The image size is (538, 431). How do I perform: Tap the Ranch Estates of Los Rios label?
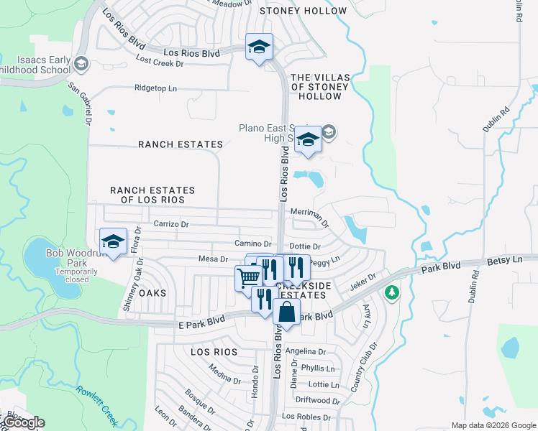(x=152, y=195)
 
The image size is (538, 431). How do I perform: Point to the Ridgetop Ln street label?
(x=155, y=88)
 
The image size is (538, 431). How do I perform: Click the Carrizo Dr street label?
(x=171, y=224)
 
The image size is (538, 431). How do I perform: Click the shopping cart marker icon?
(x=248, y=277)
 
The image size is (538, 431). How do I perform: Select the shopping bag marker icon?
(x=286, y=312)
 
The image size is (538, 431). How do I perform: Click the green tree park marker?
(x=391, y=292)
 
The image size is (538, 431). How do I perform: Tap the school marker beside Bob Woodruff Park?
(x=113, y=242)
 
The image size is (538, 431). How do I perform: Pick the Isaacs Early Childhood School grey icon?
(x=81, y=65)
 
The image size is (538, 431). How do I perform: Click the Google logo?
(x=24, y=422)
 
